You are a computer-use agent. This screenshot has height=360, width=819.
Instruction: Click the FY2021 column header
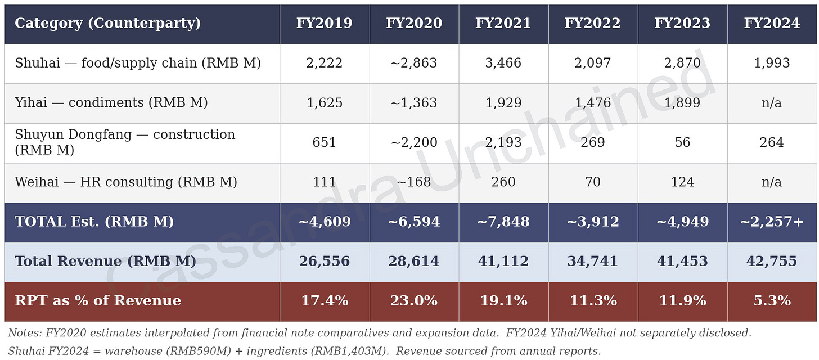pyautogui.click(x=503, y=24)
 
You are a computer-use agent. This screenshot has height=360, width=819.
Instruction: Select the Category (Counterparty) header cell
pyautogui.click(x=107, y=24)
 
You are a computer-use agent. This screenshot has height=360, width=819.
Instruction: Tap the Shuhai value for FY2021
pyautogui.click(x=503, y=63)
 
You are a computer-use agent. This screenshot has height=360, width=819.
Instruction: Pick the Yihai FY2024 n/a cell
pyautogui.click(x=772, y=103)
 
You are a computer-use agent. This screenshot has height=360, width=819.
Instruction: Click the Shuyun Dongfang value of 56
pyautogui.click(x=682, y=143)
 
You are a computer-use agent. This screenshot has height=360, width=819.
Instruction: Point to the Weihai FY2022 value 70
pyautogui.click(x=593, y=182)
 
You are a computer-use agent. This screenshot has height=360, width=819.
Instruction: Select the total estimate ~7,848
pyautogui.click(x=503, y=222)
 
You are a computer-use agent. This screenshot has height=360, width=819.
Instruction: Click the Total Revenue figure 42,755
pyautogui.click(x=772, y=262)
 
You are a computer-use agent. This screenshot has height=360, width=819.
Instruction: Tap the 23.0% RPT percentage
pyautogui.click(x=413, y=301)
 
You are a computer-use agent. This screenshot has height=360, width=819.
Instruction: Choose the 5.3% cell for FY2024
pyautogui.click(x=772, y=301)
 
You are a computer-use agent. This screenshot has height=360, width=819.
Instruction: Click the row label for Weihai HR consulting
pyautogui.click(x=125, y=182)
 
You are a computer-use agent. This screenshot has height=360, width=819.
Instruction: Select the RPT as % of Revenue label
pyautogui.click(x=98, y=301)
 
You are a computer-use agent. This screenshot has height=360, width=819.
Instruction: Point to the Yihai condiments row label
pyautogui.click(x=111, y=103)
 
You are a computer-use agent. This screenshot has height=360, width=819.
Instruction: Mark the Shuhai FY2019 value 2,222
pyautogui.click(x=324, y=63)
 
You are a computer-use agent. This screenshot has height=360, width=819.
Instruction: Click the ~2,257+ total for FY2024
pyautogui.click(x=772, y=222)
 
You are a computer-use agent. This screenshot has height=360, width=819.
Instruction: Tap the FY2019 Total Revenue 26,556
pyautogui.click(x=324, y=262)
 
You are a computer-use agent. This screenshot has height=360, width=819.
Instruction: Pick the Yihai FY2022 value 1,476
pyautogui.click(x=593, y=103)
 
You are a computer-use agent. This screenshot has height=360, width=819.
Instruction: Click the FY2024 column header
pyautogui.click(x=772, y=24)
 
